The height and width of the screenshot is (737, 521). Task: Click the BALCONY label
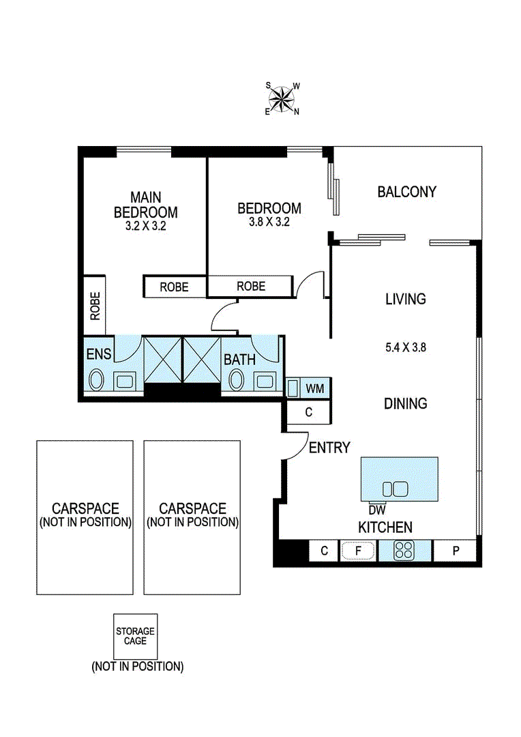click(406, 192)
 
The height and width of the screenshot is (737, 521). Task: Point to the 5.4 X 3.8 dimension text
click(405, 347)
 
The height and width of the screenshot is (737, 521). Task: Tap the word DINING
click(405, 403)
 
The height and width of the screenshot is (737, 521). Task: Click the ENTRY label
click(329, 448)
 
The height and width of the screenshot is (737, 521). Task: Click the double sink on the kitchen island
click(395, 489)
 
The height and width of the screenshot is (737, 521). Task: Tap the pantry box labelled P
click(456, 551)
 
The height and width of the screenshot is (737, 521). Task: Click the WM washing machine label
click(314, 388)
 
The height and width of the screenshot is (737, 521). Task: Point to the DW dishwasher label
click(376, 509)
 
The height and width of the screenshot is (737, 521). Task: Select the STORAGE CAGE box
click(135, 637)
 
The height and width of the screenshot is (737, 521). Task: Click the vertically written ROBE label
click(94, 306)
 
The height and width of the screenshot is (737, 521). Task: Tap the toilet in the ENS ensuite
click(96, 380)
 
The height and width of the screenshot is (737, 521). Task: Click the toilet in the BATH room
click(237, 380)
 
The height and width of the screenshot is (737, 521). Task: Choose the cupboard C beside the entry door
click(308, 412)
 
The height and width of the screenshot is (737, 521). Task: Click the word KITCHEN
click(385, 527)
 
